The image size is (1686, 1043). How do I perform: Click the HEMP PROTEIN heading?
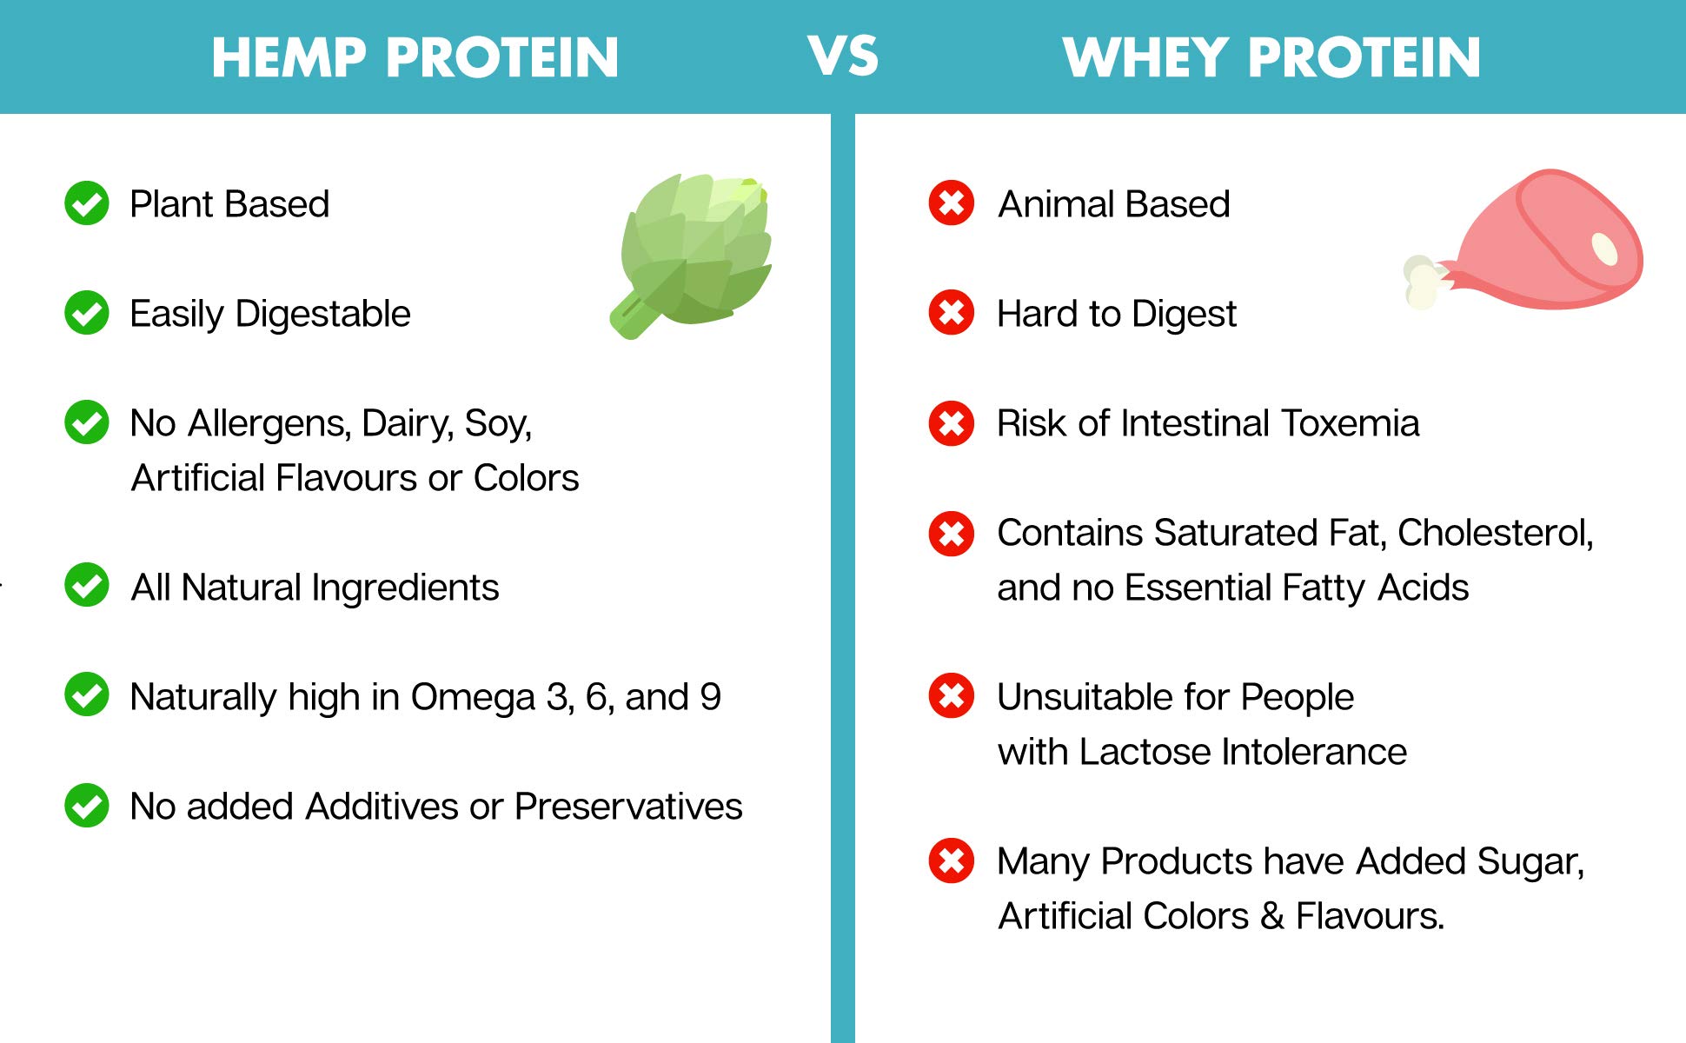click(x=415, y=57)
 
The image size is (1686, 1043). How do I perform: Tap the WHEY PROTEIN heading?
click(x=1271, y=57)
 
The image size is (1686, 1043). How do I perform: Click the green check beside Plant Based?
click(x=87, y=203)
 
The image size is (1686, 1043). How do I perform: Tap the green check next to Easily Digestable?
click(x=87, y=313)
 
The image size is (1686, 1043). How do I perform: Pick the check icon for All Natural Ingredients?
click(x=87, y=585)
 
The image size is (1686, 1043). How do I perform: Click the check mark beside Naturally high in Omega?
click(x=87, y=694)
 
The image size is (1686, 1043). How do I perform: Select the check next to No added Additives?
click(x=87, y=806)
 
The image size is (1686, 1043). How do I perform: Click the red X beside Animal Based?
click(x=952, y=203)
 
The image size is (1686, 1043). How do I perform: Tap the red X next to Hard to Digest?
click(x=952, y=313)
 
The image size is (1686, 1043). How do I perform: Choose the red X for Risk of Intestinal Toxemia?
click(x=952, y=423)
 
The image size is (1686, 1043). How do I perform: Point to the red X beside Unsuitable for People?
click(x=952, y=695)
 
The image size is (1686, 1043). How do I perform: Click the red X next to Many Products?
click(x=952, y=860)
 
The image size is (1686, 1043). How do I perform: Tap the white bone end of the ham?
click(x=1423, y=282)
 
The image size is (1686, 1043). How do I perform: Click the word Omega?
click(x=473, y=697)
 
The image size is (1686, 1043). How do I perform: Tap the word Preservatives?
click(x=628, y=807)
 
